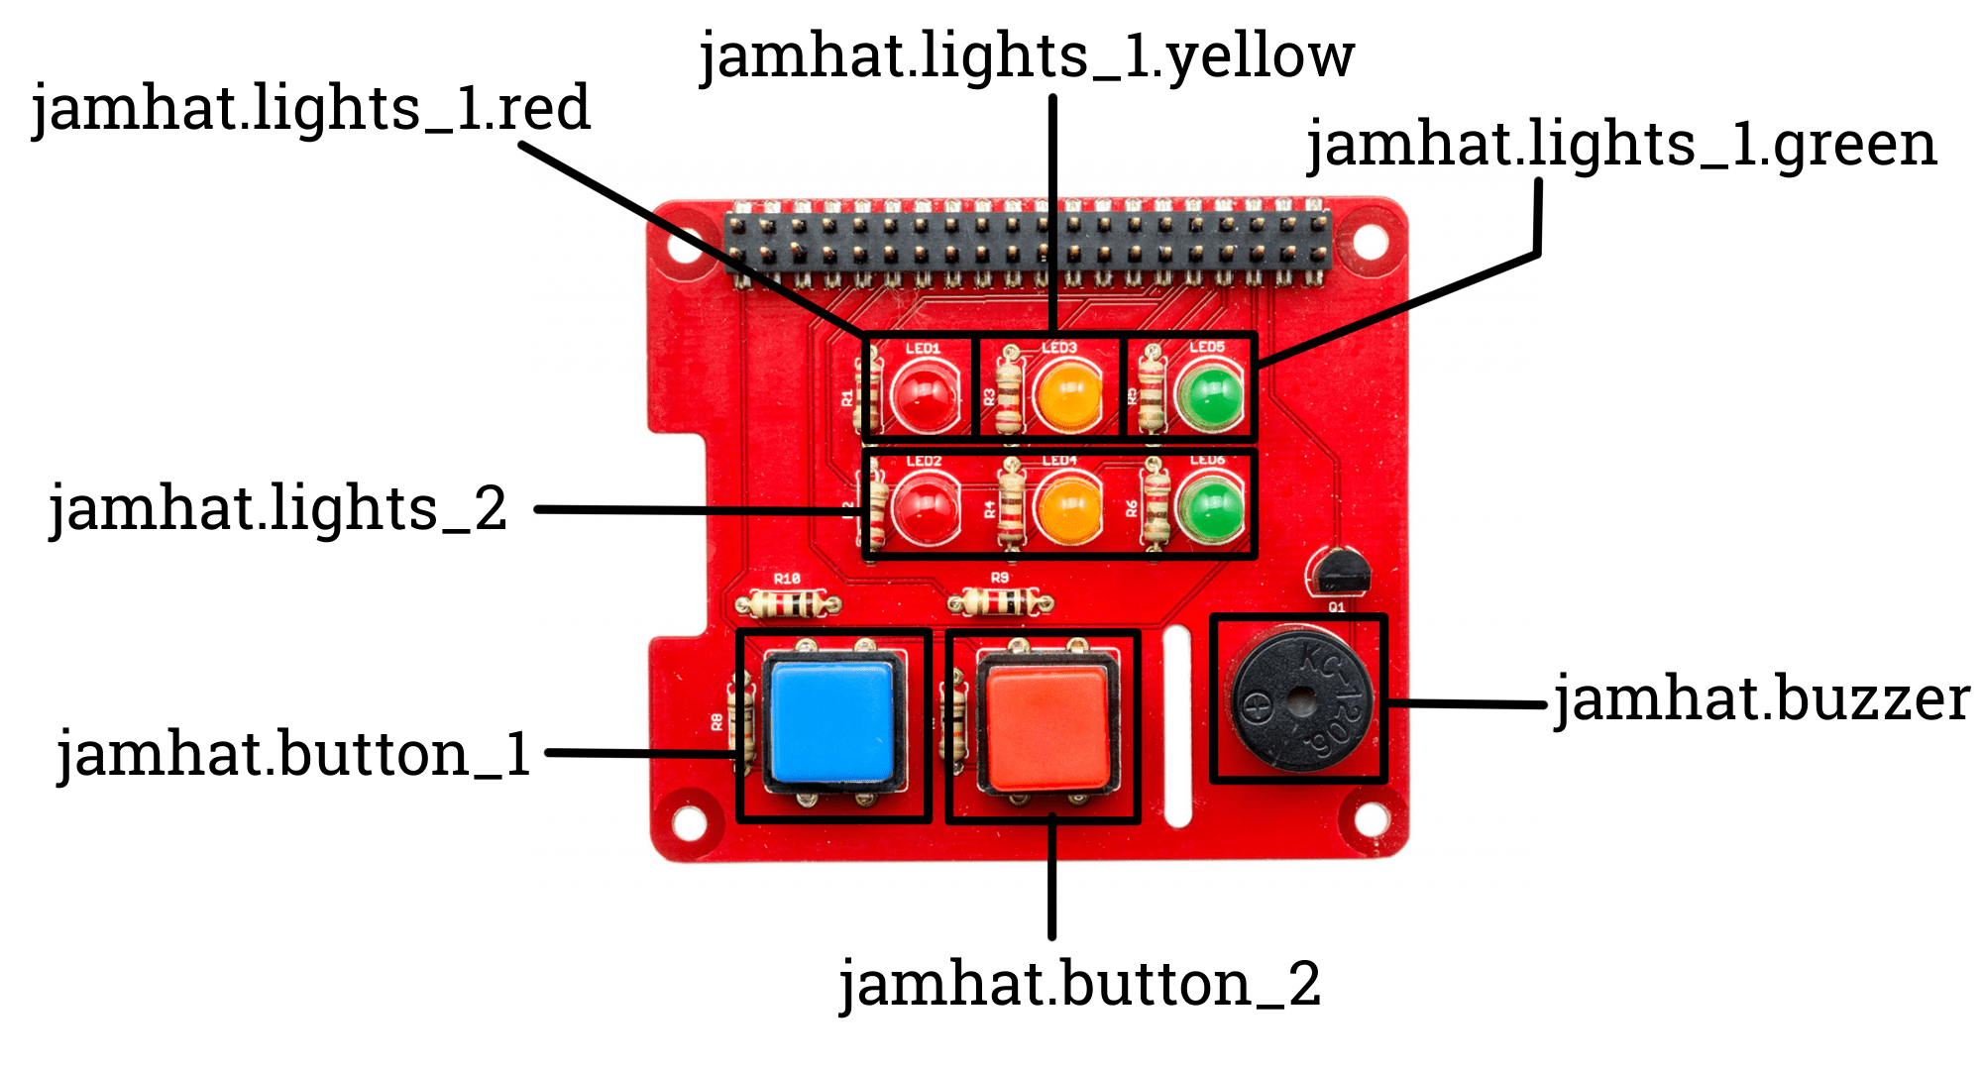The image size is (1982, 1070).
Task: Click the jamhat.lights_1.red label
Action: pyautogui.click(x=311, y=109)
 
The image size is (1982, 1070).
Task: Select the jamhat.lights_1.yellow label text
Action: pyautogui.click(x=1027, y=56)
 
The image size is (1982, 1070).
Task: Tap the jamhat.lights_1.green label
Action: pyautogui.click(x=1621, y=145)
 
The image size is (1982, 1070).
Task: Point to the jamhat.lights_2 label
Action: pyautogui.click(x=278, y=509)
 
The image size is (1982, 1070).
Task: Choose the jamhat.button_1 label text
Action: pyautogui.click(x=294, y=755)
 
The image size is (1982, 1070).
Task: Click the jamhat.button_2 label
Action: pyautogui.click(x=1080, y=985)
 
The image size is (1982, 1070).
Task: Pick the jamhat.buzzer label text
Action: pyautogui.click(x=1761, y=699)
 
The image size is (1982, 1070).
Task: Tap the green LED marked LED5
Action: pyautogui.click(x=1210, y=396)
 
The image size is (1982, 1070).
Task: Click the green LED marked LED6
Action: pyautogui.click(x=1210, y=508)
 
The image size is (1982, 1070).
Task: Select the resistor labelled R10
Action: pyautogui.click(x=788, y=602)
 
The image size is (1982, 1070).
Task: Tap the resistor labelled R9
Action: pyautogui.click(x=1001, y=600)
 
